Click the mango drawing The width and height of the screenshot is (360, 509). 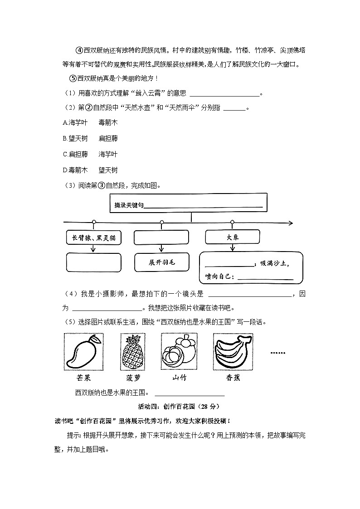click(x=83, y=352)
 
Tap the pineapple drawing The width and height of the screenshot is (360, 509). click(x=133, y=352)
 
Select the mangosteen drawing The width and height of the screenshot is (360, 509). click(x=179, y=352)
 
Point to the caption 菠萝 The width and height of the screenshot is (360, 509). click(x=133, y=378)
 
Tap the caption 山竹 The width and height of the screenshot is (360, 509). click(x=179, y=378)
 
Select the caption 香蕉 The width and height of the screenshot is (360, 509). click(x=233, y=378)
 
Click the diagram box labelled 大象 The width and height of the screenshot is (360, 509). click(x=233, y=237)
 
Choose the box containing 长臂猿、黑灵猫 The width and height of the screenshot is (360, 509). click(x=94, y=238)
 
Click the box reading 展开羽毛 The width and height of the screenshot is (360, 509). click(x=162, y=262)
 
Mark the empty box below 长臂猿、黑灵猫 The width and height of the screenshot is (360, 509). click(x=94, y=262)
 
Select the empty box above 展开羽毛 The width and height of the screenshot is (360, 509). click(x=162, y=238)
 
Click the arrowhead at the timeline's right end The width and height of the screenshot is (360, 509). click(x=291, y=223)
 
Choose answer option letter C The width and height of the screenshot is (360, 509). click(x=65, y=154)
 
